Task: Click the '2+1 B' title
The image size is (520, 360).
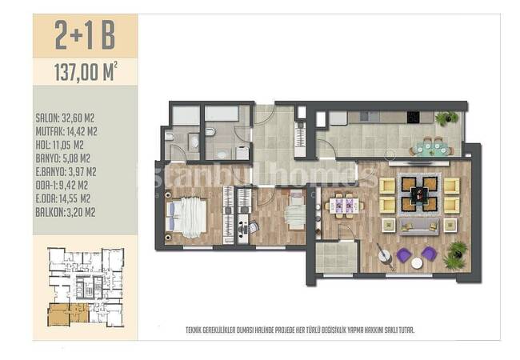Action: click(85, 35)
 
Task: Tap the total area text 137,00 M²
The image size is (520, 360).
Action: click(86, 72)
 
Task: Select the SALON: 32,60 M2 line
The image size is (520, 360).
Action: click(65, 118)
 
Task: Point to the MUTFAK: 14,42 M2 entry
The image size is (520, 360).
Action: click(66, 131)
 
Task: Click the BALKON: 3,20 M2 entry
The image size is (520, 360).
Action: click(66, 212)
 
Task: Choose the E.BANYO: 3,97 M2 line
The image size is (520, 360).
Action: click(66, 172)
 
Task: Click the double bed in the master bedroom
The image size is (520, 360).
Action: click(186, 218)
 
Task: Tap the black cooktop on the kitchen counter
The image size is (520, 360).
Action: click(414, 117)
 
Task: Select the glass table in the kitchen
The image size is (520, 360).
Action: click(431, 148)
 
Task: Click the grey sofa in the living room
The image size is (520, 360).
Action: click(419, 226)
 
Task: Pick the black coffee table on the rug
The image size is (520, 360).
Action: click(419, 194)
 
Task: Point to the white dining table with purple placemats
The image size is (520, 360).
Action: click(344, 206)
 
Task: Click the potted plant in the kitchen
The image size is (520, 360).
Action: click(446, 118)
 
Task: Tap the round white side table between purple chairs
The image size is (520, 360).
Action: click(417, 263)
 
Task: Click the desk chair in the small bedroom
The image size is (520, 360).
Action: click(252, 227)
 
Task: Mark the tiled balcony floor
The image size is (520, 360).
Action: click(336, 258)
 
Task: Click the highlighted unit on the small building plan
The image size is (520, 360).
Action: click(68, 314)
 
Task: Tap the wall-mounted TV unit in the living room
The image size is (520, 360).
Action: click(419, 163)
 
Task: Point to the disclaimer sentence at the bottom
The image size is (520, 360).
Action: click(300, 330)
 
